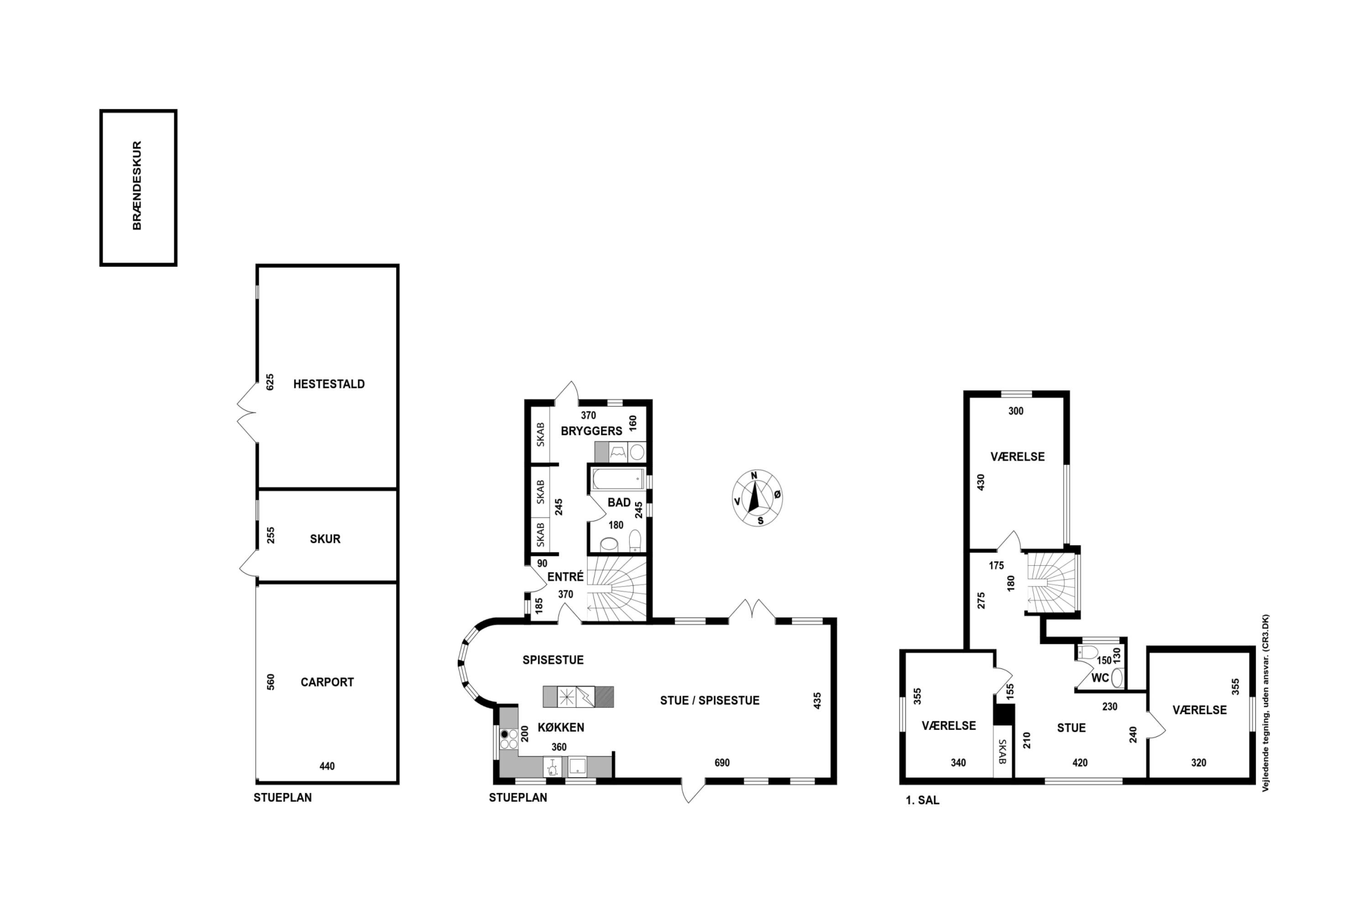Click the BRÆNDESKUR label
point(137,185)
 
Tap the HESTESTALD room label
point(329,384)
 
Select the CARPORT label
point(327,682)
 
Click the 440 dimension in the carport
point(327,766)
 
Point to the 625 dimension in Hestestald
point(270,382)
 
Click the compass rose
point(757,498)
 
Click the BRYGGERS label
point(591,431)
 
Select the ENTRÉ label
point(565,577)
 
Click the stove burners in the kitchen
point(509,739)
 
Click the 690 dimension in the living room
point(722,763)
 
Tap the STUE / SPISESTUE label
point(710,700)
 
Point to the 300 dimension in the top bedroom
point(1016,411)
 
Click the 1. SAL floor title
point(923,801)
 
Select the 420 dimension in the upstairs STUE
point(1080,763)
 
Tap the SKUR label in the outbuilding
point(325,539)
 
